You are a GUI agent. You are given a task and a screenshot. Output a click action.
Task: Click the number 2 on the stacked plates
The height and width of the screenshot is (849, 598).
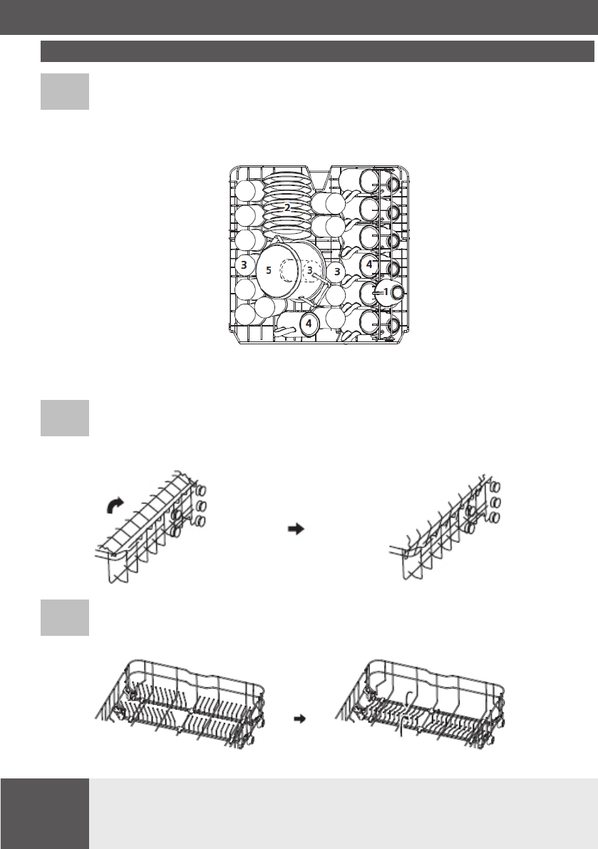tap(287, 207)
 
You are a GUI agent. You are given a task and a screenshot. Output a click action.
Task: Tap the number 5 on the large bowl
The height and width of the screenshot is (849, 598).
tap(268, 271)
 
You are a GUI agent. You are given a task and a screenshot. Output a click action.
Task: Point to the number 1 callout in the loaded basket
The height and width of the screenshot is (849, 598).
tap(386, 292)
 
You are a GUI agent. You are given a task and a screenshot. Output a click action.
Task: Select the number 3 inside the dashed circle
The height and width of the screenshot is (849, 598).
tap(309, 271)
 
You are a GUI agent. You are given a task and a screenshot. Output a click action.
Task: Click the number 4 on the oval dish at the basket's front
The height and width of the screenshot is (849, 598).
tap(308, 323)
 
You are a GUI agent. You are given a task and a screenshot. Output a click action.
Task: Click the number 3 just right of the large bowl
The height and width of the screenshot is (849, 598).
tap(337, 272)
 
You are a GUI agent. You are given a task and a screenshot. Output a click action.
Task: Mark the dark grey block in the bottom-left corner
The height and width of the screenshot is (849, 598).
tap(44, 813)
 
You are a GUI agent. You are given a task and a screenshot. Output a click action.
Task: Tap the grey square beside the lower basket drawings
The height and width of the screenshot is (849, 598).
tap(65, 617)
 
